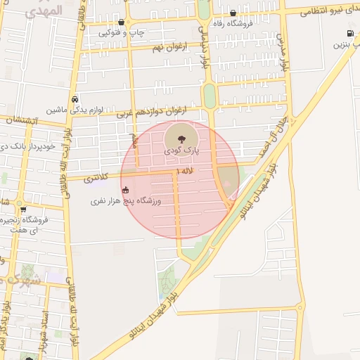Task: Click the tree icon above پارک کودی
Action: point(181,137)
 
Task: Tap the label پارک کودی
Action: point(182,150)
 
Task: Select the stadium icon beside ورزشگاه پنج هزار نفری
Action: point(126,190)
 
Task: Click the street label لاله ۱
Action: point(185,171)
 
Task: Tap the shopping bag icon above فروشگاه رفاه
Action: point(233,13)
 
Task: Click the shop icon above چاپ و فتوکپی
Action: point(122,22)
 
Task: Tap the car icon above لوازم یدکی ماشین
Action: point(75,99)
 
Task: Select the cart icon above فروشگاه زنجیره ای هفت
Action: point(23,209)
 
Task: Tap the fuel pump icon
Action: point(349,33)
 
